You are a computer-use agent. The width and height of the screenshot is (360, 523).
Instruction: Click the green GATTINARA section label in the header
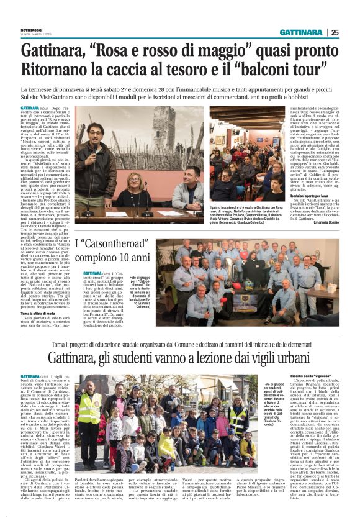(300, 32)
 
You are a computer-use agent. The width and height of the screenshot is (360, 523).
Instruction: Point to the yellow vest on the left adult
(89, 410)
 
